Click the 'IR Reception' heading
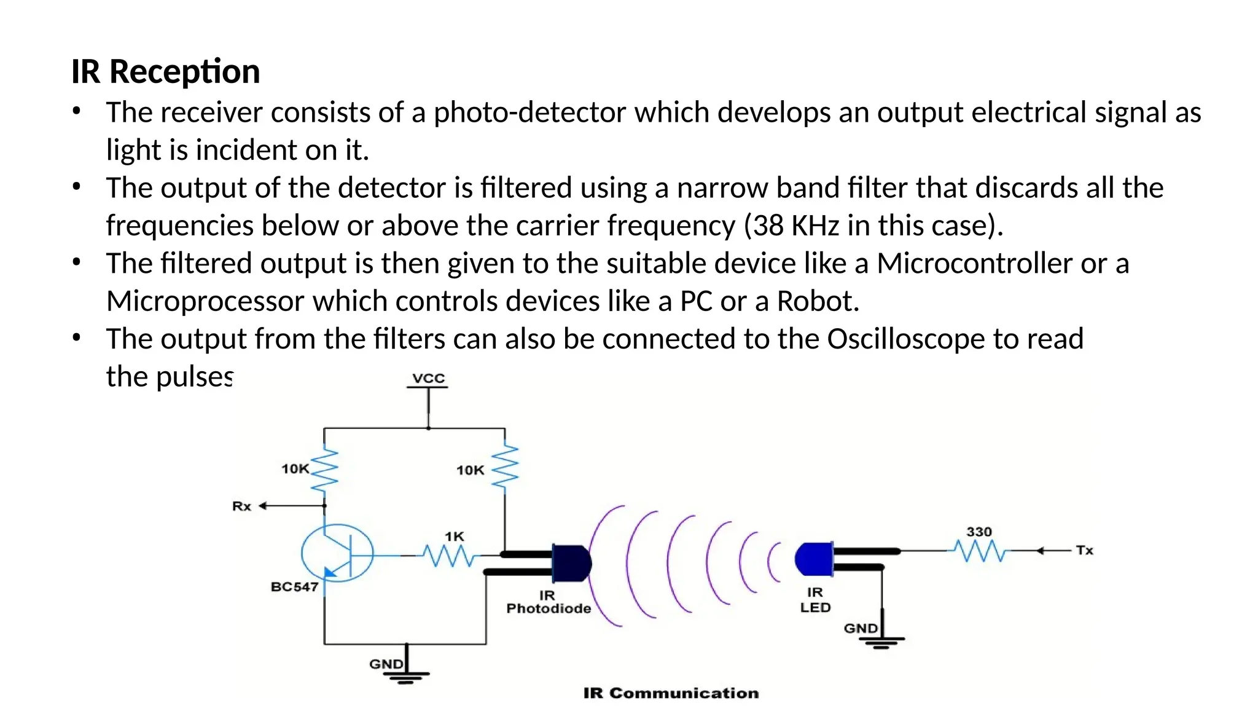(x=165, y=71)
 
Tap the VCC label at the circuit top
(x=428, y=378)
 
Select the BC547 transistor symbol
(x=337, y=553)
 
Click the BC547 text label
(x=294, y=587)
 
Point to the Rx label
(x=241, y=506)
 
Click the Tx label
(x=1084, y=551)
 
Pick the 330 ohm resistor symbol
(x=979, y=551)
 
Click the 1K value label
(x=455, y=537)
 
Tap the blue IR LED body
(x=815, y=559)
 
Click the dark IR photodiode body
(x=572, y=563)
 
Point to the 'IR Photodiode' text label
(x=548, y=602)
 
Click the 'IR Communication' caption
(x=671, y=693)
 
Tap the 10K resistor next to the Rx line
(x=324, y=470)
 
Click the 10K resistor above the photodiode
(x=505, y=470)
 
